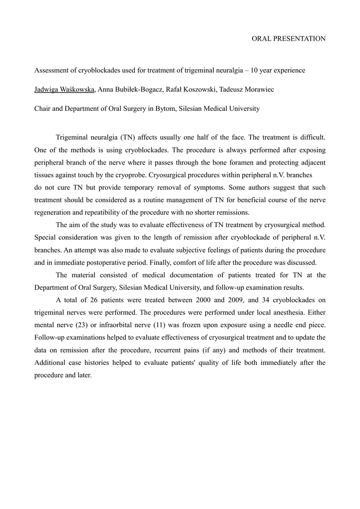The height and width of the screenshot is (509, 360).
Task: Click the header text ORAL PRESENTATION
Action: [289, 38]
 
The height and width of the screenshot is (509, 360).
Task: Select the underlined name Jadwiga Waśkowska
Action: [65, 89]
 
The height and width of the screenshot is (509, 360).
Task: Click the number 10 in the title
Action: [255, 71]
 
